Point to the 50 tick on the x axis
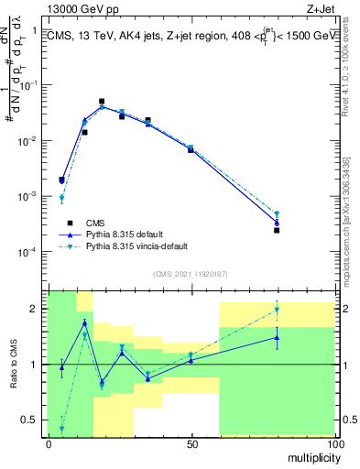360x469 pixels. click(191, 444)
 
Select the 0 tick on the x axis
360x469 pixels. click(49, 444)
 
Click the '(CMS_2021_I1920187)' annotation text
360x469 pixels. click(190, 274)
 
